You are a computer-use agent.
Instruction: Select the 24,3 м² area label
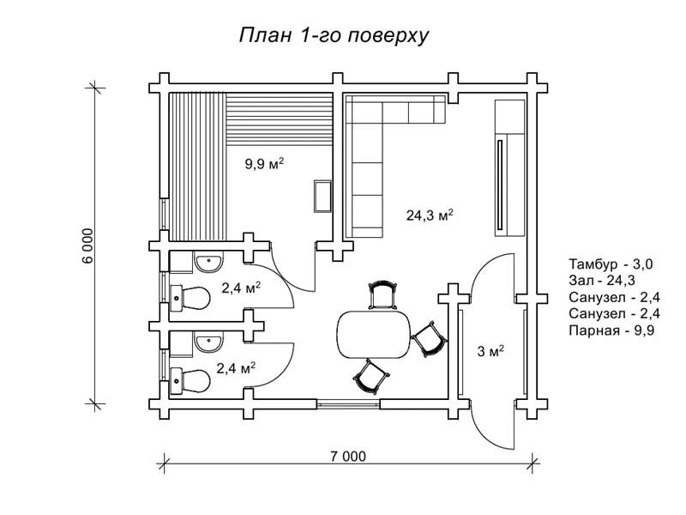[430, 216]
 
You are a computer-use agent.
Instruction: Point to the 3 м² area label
[490, 351]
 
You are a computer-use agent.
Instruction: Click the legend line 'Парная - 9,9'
[611, 331]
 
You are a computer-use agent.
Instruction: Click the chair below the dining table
[369, 374]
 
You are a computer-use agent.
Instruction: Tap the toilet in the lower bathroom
[190, 379]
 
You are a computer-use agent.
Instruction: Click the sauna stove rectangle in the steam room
[322, 196]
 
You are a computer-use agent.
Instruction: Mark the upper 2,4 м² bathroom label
[240, 288]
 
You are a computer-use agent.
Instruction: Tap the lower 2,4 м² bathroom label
[235, 369]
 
